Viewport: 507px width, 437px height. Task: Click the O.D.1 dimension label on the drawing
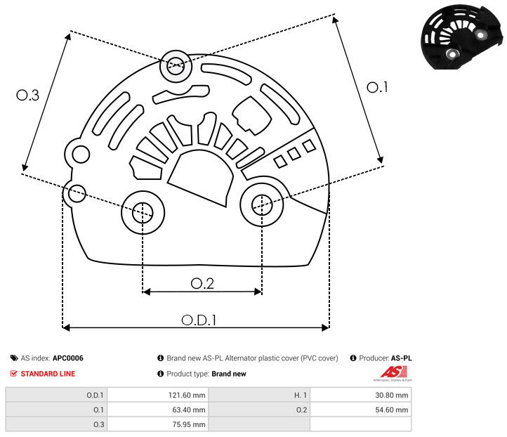coord(199,320)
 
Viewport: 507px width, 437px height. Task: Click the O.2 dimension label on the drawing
coord(202,283)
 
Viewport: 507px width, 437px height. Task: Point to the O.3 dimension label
coord(27,96)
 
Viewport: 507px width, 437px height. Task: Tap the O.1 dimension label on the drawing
coord(378,87)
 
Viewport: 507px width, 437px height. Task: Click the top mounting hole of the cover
coord(175,67)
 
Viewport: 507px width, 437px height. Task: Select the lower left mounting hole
coord(143,210)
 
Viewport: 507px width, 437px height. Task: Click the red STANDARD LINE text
coord(48,374)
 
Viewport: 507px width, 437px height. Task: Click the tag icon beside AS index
coord(14,358)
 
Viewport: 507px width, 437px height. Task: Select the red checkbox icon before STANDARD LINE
coord(14,374)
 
